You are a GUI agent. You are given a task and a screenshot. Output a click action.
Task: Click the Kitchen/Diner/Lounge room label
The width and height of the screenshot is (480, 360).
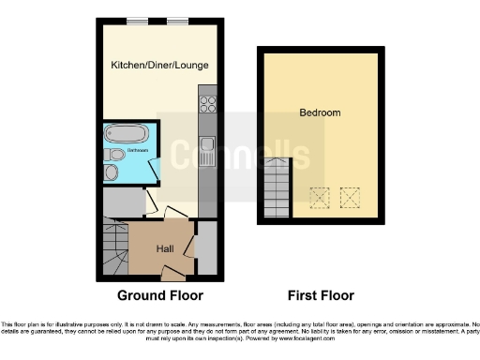158,65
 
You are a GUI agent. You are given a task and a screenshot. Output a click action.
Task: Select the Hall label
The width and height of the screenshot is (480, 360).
164,248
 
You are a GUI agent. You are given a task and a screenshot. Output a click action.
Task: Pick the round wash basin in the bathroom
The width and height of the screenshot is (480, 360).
112,172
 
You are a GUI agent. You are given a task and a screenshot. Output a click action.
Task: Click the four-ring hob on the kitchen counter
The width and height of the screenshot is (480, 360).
208,105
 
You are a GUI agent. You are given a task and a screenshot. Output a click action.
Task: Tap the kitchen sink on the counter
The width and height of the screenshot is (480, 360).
208,148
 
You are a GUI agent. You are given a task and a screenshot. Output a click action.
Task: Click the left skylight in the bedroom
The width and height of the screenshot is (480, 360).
320,198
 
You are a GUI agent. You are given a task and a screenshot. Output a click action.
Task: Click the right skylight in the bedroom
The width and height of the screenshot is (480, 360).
351,198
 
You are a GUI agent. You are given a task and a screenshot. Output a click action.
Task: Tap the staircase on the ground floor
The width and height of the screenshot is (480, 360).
114,249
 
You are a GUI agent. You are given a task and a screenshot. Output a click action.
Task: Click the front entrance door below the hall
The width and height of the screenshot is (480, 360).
172,273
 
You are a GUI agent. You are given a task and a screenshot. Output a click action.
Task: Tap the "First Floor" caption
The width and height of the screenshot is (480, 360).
319,295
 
